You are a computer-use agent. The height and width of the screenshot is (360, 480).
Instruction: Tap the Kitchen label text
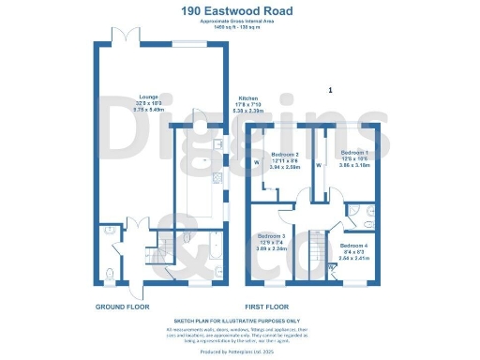[x=247, y=98]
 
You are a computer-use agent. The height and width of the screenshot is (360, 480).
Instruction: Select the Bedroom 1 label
[x=354, y=152]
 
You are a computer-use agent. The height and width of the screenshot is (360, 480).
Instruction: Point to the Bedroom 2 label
[x=285, y=154]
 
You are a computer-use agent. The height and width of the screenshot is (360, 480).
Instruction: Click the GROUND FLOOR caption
[x=122, y=307]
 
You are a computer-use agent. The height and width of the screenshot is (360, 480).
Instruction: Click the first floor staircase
[x=314, y=247]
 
